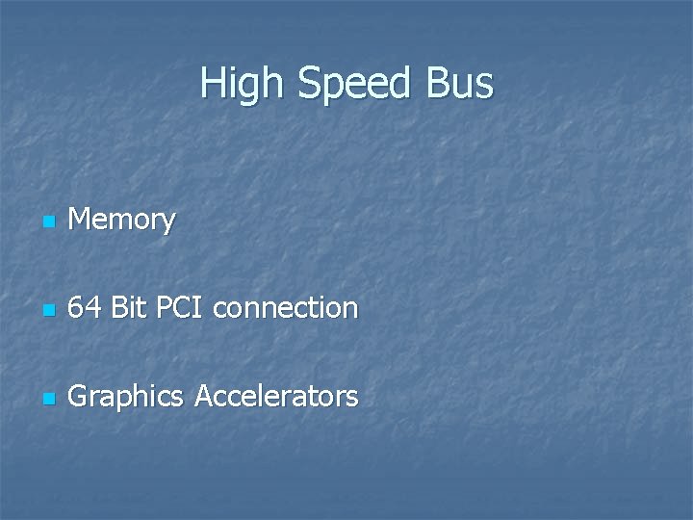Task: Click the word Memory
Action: click(x=122, y=221)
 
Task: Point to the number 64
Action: click(x=85, y=308)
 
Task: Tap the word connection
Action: click(x=286, y=308)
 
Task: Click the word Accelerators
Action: click(x=276, y=396)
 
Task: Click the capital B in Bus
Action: click(x=437, y=84)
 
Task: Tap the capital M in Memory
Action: click(x=80, y=221)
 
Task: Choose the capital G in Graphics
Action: click(x=79, y=396)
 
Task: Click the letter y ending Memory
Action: click(x=168, y=224)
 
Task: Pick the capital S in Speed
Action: click(x=309, y=84)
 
